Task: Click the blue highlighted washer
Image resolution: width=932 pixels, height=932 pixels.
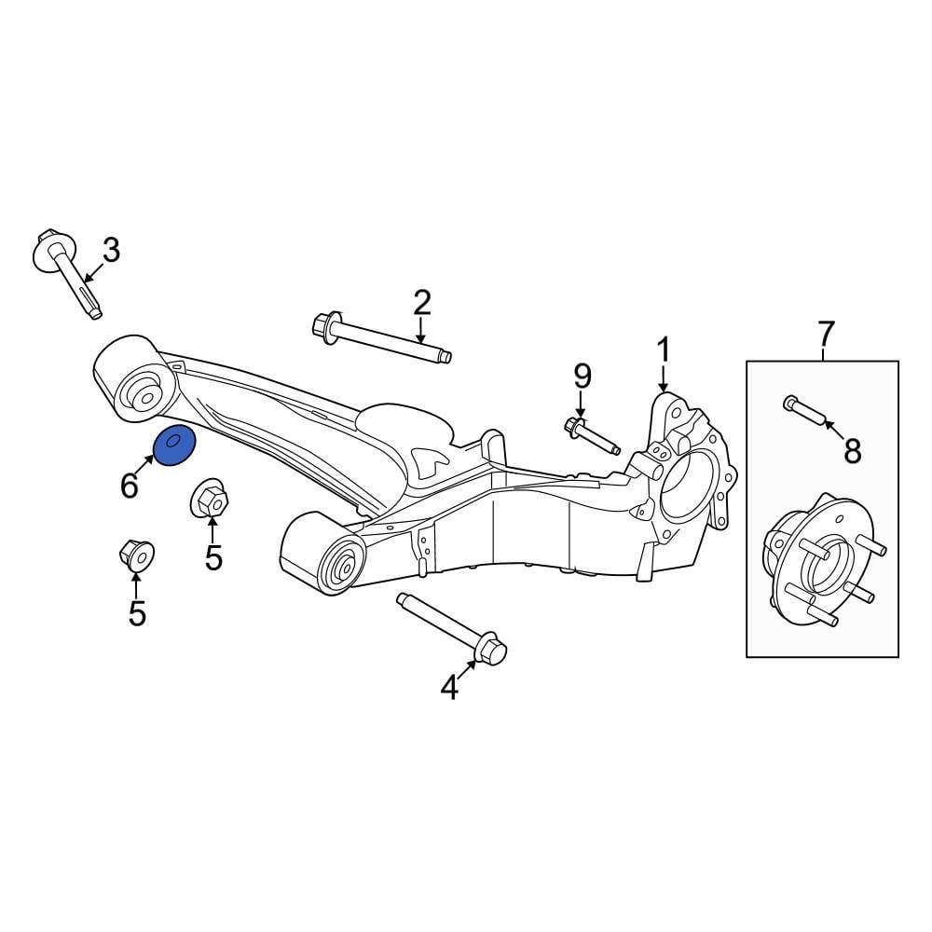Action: pos(174,445)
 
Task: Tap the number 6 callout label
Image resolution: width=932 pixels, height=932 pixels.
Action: pos(129,484)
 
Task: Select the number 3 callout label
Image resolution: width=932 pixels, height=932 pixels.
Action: pos(111,250)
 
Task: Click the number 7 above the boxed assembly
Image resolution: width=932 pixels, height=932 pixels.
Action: pos(826,331)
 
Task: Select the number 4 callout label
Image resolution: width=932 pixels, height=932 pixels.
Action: pos(449,688)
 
